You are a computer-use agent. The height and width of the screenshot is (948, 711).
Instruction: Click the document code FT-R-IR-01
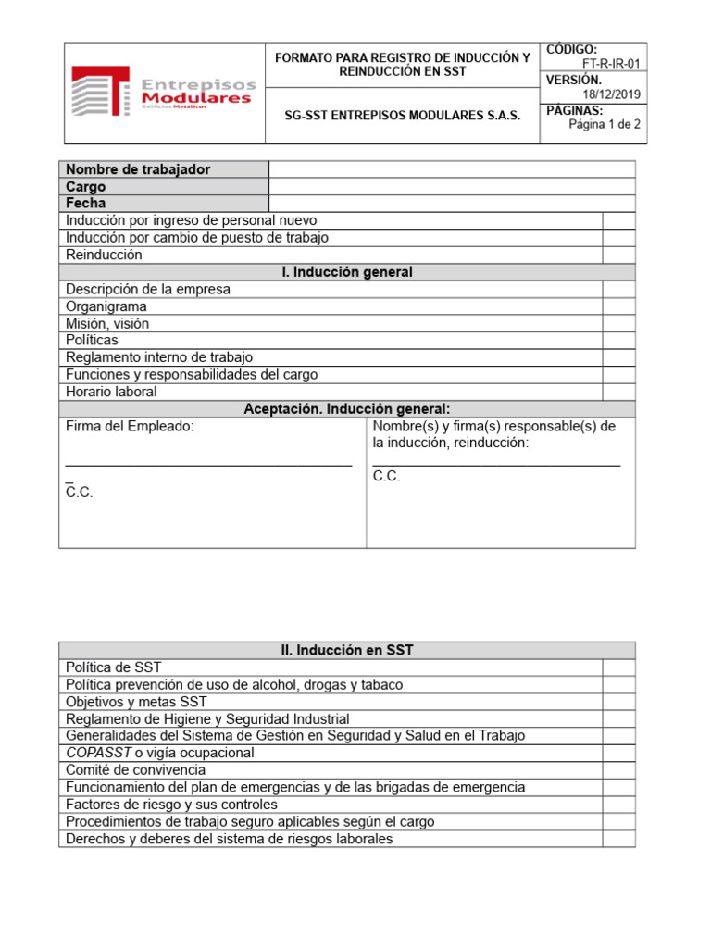(x=610, y=64)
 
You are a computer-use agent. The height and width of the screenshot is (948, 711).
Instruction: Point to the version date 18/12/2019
(x=611, y=94)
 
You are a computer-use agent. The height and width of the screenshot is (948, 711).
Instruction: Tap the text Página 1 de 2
(x=605, y=125)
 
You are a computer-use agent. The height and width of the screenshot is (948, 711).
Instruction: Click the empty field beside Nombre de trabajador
(x=452, y=169)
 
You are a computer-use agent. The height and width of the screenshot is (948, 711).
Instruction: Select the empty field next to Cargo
(x=452, y=186)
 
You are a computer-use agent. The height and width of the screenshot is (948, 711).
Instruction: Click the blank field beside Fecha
(x=452, y=203)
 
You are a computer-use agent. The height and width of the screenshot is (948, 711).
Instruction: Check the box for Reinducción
(x=618, y=255)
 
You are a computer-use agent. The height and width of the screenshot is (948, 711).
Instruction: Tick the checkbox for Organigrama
(x=618, y=306)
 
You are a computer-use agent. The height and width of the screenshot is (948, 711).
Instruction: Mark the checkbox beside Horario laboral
(x=618, y=392)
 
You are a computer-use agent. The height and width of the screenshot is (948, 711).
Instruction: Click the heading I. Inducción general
(x=347, y=272)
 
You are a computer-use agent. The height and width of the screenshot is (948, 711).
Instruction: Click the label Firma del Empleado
(x=130, y=427)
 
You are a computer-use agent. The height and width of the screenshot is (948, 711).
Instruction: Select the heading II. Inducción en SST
(x=347, y=651)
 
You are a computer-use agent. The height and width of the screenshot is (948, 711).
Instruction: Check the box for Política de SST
(x=618, y=667)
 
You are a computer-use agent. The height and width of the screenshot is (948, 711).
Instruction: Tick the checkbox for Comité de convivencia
(x=618, y=770)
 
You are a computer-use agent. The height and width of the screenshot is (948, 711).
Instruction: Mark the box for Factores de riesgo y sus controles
(x=618, y=805)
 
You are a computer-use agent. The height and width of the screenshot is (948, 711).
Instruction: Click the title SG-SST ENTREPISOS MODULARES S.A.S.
(x=403, y=116)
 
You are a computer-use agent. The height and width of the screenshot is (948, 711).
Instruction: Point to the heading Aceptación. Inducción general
(x=347, y=409)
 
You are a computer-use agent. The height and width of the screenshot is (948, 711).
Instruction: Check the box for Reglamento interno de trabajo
(x=618, y=357)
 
